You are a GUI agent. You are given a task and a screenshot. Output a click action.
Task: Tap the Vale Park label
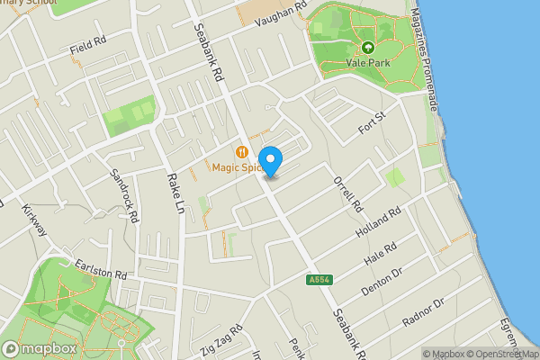367,63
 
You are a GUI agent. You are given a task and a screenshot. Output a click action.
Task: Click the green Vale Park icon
367,47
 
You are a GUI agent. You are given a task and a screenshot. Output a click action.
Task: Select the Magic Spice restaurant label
236,166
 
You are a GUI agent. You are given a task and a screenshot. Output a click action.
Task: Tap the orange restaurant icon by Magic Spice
241,151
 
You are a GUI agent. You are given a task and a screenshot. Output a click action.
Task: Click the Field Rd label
87,48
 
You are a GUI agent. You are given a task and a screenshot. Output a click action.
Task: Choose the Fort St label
372,119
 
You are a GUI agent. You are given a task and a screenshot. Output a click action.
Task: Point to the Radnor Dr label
425,312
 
